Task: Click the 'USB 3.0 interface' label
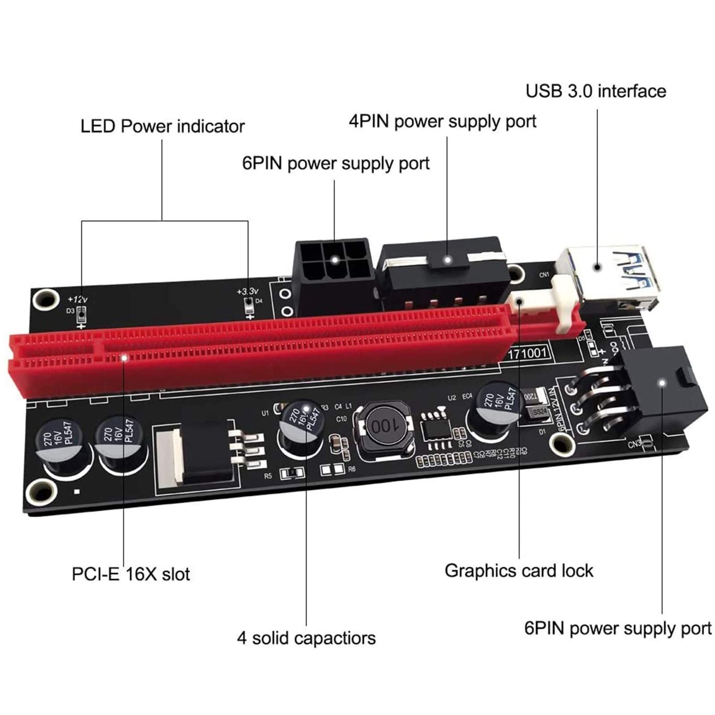click(x=595, y=91)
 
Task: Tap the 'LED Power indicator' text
click(x=162, y=126)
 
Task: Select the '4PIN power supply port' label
click(x=442, y=122)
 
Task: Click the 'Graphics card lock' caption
click(x=519, y=571)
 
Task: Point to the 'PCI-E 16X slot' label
click(x=130, y=574)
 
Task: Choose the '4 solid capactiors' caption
click(x=306, y=638)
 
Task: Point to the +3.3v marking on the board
click(x=248, y=291)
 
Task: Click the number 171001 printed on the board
click(x=528, y=353)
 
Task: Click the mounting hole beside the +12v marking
click(x=44, y=299)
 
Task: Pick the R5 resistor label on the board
click(x=268, y=476)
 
